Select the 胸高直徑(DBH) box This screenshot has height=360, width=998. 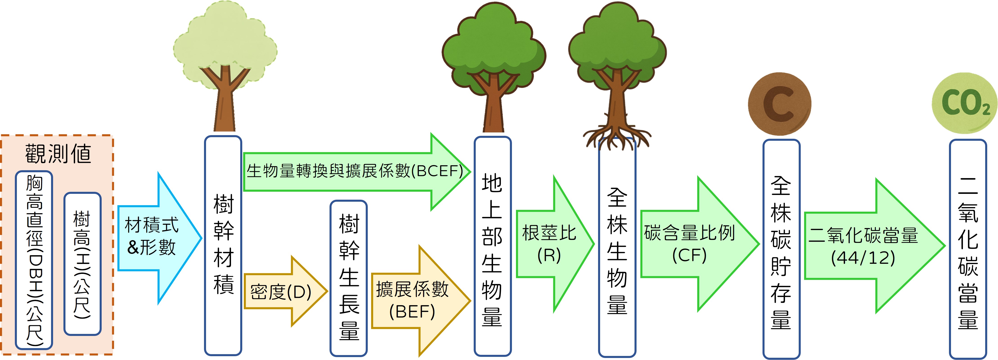click(34, 260)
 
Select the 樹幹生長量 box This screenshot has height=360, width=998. click(349, 278)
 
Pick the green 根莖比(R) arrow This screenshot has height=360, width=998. click(550, 244)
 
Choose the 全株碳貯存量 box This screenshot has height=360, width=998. click(781, 250)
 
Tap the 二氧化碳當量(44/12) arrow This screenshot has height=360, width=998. click(868, 246)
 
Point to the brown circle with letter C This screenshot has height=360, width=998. click(780, 104)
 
